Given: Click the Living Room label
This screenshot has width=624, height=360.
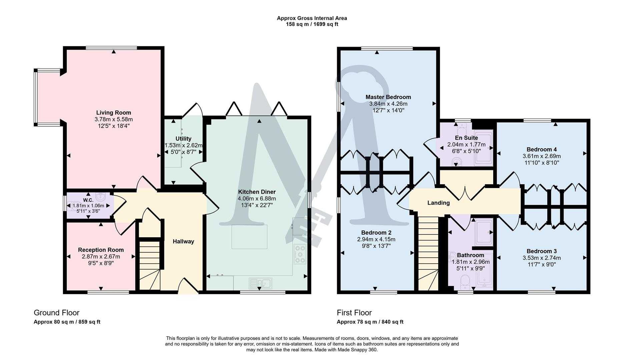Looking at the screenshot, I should (113, 113).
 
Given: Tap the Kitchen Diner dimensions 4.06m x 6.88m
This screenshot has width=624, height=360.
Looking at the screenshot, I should (256, 199).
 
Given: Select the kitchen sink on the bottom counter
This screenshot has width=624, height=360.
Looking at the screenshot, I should (260, 284).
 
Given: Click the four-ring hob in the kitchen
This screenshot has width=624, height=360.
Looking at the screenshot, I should (300, 254).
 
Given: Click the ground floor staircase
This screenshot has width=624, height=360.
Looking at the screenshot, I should (149, 267).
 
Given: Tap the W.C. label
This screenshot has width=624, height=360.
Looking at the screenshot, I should (88, 200).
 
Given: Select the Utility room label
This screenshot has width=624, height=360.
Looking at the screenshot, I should (183, 139).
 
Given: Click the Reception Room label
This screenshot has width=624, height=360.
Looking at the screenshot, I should (101, 250).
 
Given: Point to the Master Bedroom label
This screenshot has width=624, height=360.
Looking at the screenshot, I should (388, 97).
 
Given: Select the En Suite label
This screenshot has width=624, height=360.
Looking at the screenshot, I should (466, 138).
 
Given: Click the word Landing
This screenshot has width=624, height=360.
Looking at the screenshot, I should (438, 203).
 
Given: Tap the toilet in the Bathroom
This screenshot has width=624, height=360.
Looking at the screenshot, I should (465, 282).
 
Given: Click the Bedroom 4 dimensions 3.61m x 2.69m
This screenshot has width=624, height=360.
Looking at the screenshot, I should (541, 156).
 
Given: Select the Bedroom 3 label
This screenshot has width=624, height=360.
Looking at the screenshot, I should (541, 251).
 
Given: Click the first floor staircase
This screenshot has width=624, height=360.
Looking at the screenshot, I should (428, 253).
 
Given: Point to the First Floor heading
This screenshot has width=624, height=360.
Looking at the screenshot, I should (354, 313).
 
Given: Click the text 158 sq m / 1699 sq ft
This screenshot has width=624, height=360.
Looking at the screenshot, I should (312, 24).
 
